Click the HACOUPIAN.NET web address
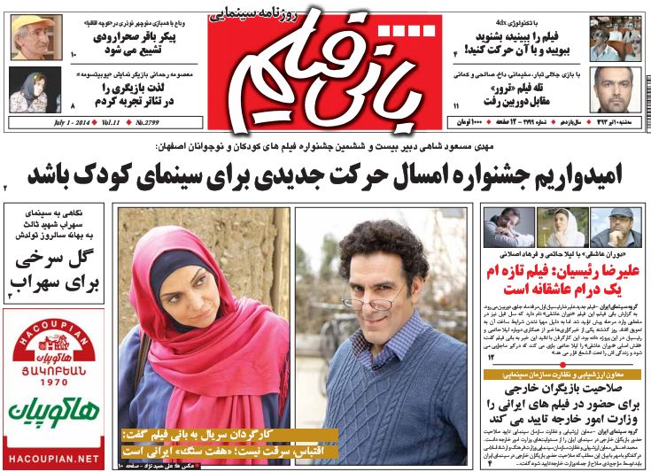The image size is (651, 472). (56, 460)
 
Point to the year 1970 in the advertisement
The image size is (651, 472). (56, 383)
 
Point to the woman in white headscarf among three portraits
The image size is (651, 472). (562, 227)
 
